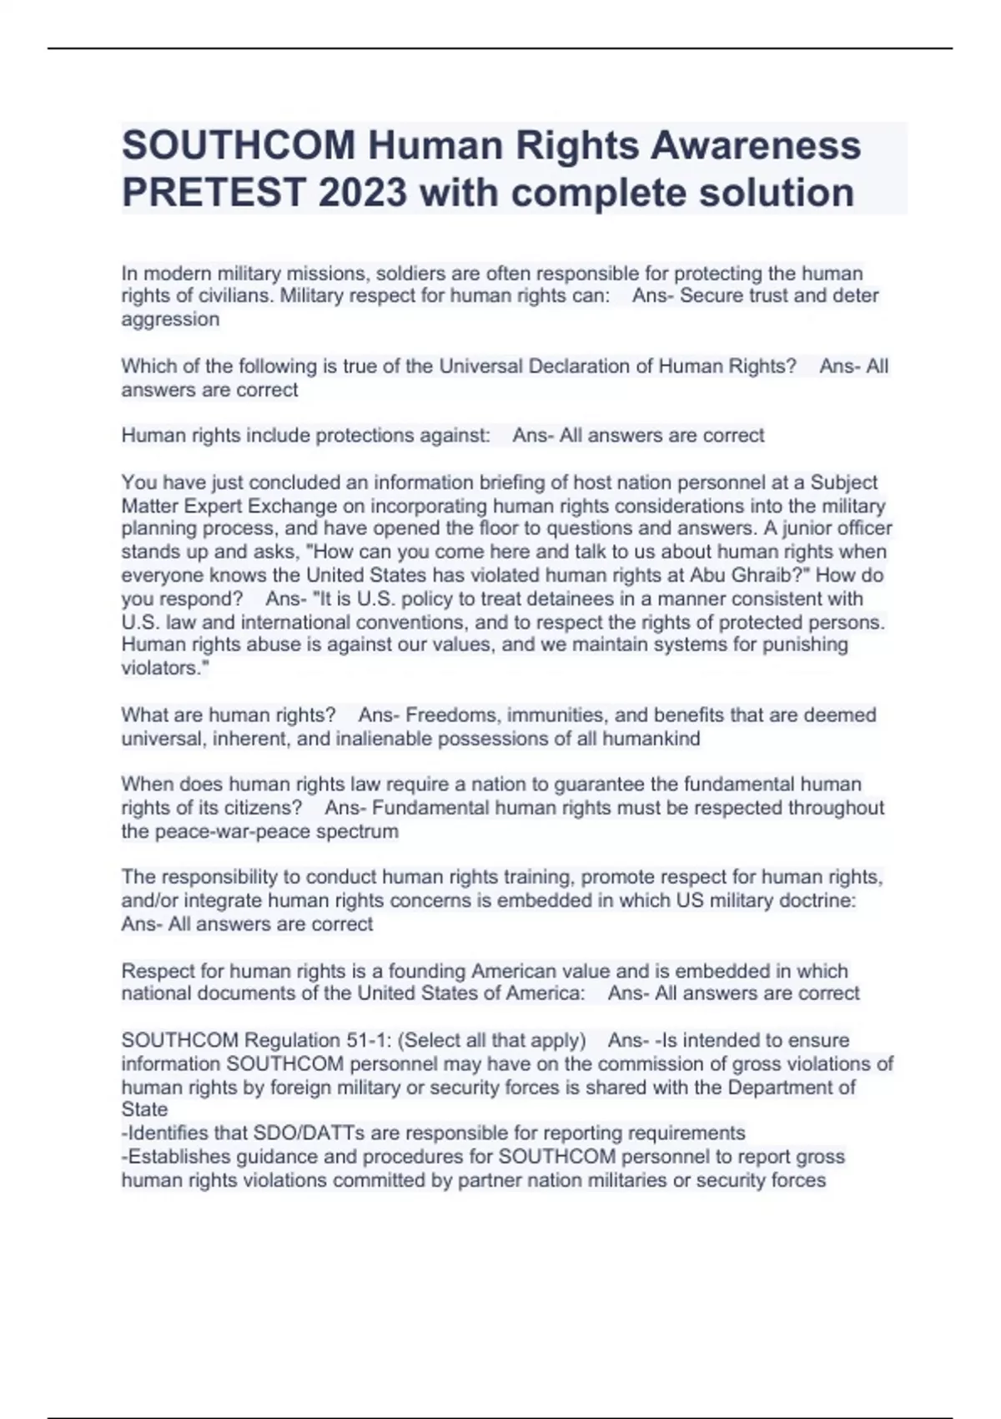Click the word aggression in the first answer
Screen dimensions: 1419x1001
170,319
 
